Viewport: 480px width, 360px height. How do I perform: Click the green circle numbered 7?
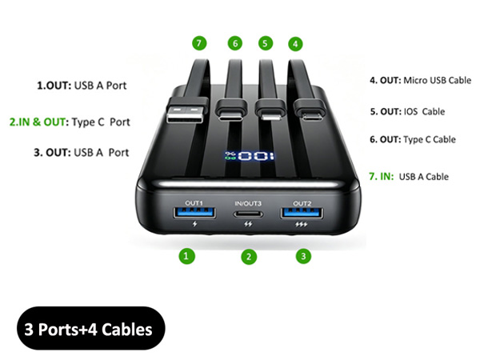click(x=199, y=43)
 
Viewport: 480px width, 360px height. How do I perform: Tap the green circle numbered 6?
click(x=235, y=43)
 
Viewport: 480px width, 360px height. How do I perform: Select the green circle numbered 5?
click(x=266, y=43)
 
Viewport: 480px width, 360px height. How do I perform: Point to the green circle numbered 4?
click(x=295, y=44)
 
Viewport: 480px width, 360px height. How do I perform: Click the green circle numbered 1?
click(x=186, y=256)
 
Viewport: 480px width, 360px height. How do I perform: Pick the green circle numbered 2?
click(x=249, y=257)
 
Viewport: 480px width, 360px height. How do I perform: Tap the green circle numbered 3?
click(x=303, y=256)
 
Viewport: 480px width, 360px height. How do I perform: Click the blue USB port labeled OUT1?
click(x=194, y=213)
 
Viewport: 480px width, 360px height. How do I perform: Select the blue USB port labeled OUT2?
click(x=302, y=213)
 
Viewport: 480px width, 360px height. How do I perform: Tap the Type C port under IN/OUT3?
click(x=248, y=214)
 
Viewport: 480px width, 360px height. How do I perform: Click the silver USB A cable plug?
click(x=186, y=114)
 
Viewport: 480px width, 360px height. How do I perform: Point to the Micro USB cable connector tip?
click(x=311, y=116)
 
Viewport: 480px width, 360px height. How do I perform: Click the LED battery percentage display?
click(x=249, y=156)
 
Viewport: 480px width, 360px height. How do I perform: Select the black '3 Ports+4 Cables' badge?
click(x=91, y=328)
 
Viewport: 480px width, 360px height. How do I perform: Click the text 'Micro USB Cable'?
click(x=437, y=80)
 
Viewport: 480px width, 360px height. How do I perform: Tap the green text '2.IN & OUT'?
click(x=38, y=122)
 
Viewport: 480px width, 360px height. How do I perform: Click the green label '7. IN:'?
click(x=381, y=176)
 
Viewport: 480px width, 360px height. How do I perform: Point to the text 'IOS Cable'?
click(x=424, y=111)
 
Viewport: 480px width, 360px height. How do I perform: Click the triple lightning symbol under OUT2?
click(x=302, y=225)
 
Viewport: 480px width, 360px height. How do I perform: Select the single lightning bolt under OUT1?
click(x=194, y=224)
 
